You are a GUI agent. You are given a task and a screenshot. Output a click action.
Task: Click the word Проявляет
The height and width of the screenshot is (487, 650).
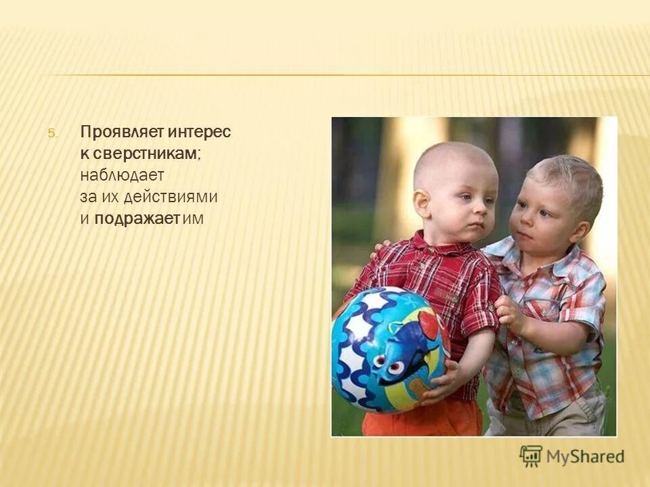[x=112, y=132]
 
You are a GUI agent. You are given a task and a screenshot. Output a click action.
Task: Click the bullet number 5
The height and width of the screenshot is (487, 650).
[x=53, y=133]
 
